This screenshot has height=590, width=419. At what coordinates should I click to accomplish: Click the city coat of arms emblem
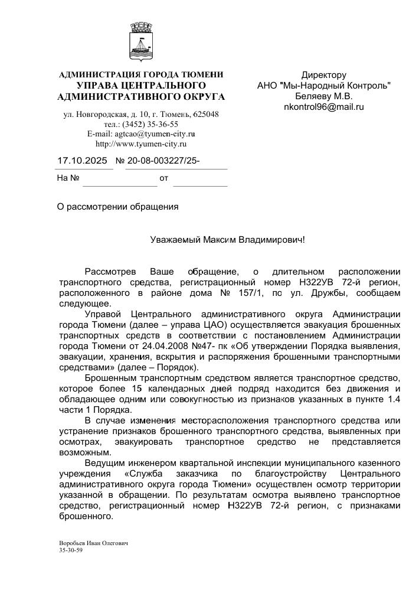(140, 43)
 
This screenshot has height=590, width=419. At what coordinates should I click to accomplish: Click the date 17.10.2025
(82, 160)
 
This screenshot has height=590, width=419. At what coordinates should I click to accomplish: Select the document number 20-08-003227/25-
(158, 160)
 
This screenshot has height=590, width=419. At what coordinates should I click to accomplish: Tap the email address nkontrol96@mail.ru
(323, 107)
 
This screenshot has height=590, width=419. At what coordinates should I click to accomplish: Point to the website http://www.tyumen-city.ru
(141, 144)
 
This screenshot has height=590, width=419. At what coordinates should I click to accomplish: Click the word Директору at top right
(323, 75)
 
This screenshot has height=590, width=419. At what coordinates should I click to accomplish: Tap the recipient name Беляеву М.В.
(323, 96)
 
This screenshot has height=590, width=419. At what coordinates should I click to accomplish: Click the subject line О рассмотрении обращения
(117, 207)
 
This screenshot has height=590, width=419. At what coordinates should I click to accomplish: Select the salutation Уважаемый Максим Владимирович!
(227, 240)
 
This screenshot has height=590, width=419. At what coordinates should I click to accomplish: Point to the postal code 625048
(206, 114)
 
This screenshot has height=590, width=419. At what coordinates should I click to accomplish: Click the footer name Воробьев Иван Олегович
(93, 543)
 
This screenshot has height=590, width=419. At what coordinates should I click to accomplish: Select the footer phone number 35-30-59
(70, 550)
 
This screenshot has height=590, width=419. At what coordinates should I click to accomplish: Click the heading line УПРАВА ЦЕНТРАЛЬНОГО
(141, 86)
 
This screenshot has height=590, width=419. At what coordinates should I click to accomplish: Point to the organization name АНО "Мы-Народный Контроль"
(323, 86)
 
